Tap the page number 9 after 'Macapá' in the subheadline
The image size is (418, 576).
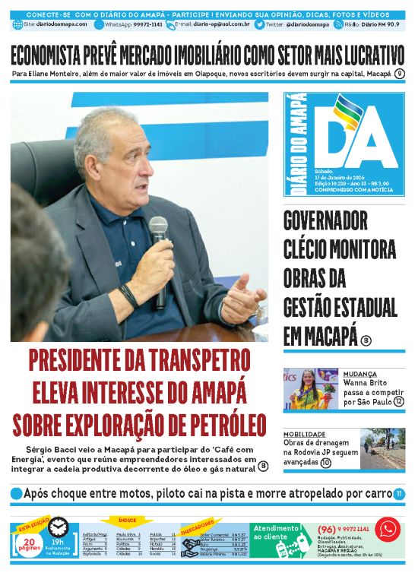pos(400,73)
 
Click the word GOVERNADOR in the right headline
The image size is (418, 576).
pos(325,221)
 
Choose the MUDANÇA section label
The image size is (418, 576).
pos(359,374)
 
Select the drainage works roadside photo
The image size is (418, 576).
pos(382,450)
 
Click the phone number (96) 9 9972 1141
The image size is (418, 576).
pos(343,528)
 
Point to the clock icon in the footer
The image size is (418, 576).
pos(58,527)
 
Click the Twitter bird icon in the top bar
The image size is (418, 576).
pos(259,24)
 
